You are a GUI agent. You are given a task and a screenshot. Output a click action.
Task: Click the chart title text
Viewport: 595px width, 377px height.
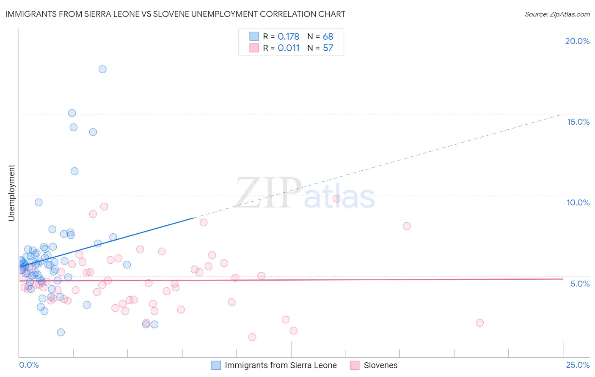pyautogui.click(x=175, y=14)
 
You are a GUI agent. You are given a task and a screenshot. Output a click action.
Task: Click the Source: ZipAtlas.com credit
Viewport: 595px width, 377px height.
pyautogui.click(x=557, y=14)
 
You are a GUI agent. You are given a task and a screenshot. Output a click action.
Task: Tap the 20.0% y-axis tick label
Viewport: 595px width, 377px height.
pyautogui.click(x=577, y=41)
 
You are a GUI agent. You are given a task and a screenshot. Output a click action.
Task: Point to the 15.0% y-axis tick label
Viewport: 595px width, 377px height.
pyautogui.click(x=578, y=122)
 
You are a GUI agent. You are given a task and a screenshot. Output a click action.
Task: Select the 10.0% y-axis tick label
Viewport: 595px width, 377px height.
pyautogui.click(x=578, y=202)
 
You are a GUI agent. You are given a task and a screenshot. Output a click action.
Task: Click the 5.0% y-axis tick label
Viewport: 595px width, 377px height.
pyautogui.click(x=580, y=284)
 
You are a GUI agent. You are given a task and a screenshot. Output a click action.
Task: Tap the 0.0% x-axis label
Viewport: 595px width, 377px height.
pyautogui.click(x=29, y=365)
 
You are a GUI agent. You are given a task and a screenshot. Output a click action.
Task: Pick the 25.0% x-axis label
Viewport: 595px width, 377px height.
pyautogui.click(x=578, y=365)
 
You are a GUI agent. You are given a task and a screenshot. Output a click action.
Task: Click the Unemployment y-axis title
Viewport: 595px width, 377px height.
pyautogui.click(x=11, y=193)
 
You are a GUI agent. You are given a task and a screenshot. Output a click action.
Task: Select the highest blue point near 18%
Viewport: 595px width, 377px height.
pyautogui.click(x=102, y=69)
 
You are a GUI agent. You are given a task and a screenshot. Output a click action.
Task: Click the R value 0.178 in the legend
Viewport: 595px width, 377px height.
pyautogui.click(x=288, y=36)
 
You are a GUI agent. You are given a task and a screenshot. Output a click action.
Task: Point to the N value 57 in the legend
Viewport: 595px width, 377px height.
pyautogui.click(x=328, y=48)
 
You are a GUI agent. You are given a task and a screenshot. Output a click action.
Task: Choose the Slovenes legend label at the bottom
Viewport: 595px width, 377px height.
pyautogui.click(x=380, y=365)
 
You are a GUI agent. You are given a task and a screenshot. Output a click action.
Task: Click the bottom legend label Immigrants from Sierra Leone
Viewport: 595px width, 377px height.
pyautogui.click(x=281, y=365)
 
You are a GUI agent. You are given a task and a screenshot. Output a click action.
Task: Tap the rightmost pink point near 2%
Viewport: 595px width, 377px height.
pyautogui.click(x=479, y=322)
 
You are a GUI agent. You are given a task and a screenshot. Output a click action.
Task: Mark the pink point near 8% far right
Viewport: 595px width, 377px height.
pyautogui.click(x=407, y=226)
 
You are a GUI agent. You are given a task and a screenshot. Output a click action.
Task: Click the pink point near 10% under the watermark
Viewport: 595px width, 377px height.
pyautogui.click(x=336, y=199)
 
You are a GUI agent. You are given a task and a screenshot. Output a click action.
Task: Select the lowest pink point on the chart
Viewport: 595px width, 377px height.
pyautogui.click(x=252, y=337)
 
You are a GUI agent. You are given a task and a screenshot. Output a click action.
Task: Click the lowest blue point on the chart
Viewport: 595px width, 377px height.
pyautogui.click(x=61, y=332)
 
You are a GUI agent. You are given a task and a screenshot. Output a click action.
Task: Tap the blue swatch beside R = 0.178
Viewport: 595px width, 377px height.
pyautogui.click(x=254, y=36)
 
